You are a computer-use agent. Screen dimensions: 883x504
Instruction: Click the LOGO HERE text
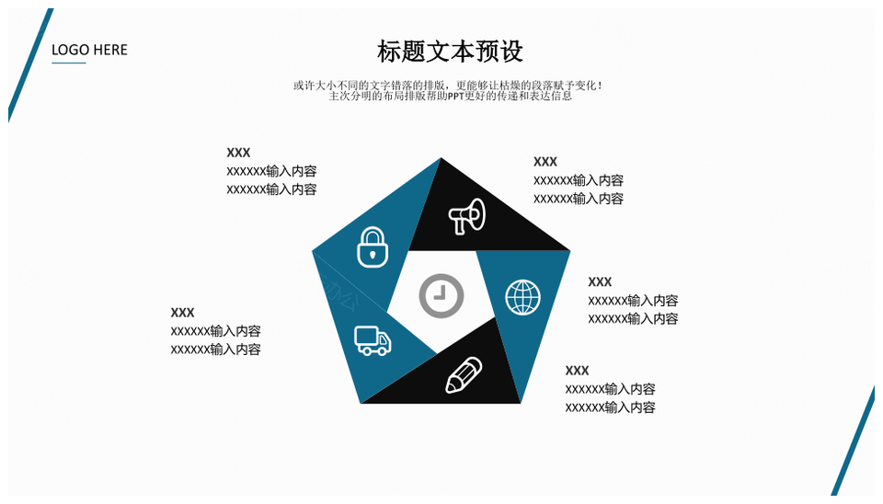[x=89, y=50]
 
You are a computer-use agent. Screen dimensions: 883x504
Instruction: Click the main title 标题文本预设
[x=450, y=52]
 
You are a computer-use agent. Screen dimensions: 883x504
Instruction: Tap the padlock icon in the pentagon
[x=373, y=247]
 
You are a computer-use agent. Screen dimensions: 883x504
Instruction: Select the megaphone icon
[x=467, y=216]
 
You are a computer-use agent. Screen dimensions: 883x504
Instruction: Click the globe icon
[x=522, y=297]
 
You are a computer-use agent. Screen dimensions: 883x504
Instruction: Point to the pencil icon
[x=464, y=375]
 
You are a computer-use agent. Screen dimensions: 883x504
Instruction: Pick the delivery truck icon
[x=373, y=340]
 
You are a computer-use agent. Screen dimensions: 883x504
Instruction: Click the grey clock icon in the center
[x=441, y=296]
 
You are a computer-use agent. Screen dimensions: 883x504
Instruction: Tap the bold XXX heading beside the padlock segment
[x=238, y=153]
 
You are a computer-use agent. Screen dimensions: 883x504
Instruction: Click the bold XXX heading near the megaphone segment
[x=545, y=162]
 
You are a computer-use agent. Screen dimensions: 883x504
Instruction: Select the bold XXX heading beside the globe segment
[x=600, y=281]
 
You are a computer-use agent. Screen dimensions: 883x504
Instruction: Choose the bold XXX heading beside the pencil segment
[x=578, y=371]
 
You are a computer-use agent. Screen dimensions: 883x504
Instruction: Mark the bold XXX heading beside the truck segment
[x=182, y=313]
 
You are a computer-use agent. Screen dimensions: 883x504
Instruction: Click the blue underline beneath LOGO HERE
[x=69, y=63]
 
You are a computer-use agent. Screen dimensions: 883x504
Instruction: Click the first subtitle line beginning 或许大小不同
[x=448, y=86]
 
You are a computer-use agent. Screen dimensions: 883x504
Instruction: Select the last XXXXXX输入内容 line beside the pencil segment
[x=611, y=407]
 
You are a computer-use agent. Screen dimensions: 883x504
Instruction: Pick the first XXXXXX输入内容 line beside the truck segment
[x=215, y=331]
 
